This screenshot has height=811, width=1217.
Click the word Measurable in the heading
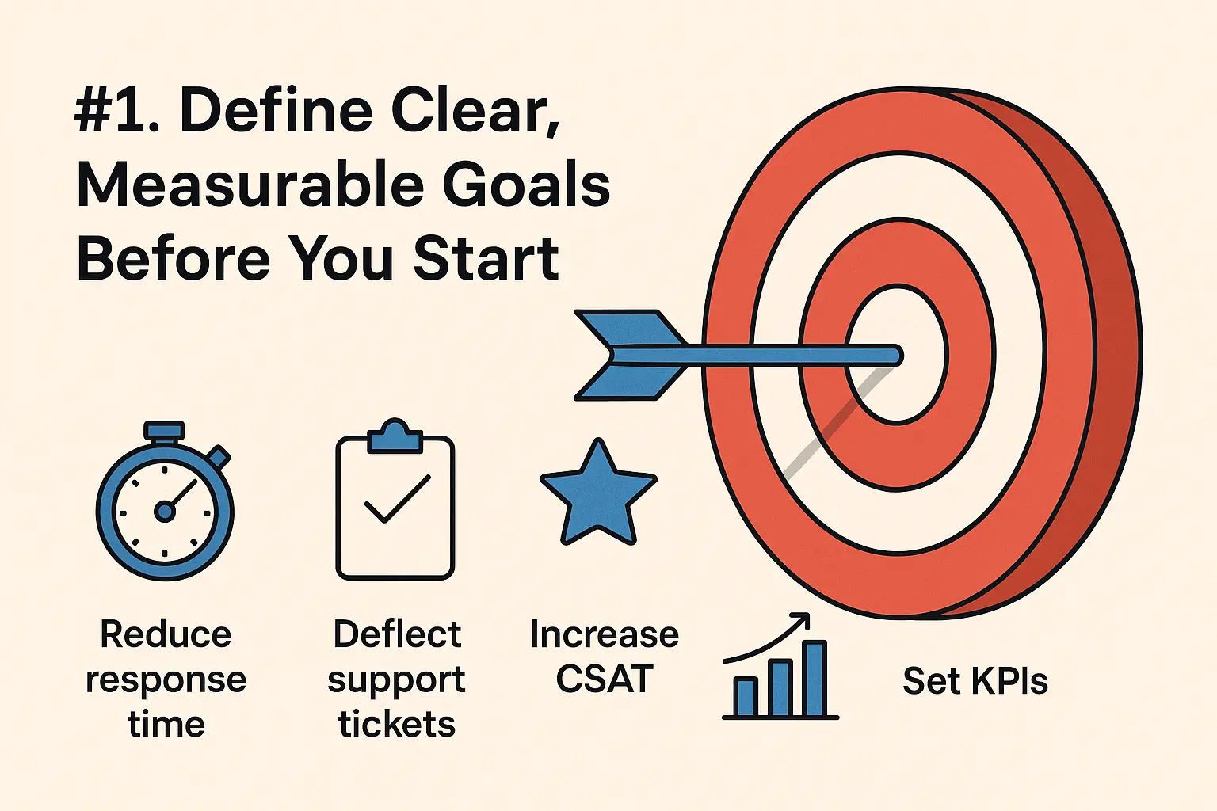click(250, 185)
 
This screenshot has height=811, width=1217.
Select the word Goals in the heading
click(526, 185)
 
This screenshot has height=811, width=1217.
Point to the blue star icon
click(598, 496)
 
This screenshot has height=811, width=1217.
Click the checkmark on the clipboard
click(398, 499)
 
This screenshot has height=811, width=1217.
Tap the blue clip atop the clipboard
click(395, 436)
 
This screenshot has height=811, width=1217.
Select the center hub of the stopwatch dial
click(165, 512)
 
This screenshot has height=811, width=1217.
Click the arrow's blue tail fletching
click(630, 356)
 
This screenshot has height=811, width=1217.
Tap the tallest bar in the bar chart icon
click(815, 679)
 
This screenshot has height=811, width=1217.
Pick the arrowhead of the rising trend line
click(801, 620)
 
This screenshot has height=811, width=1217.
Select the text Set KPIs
click(975, 681)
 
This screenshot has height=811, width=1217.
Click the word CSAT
click(605, 679)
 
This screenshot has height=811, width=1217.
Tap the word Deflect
click(397, 634)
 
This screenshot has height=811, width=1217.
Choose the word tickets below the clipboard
click(397, 724)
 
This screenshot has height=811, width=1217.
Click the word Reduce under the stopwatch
click(166, 634)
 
